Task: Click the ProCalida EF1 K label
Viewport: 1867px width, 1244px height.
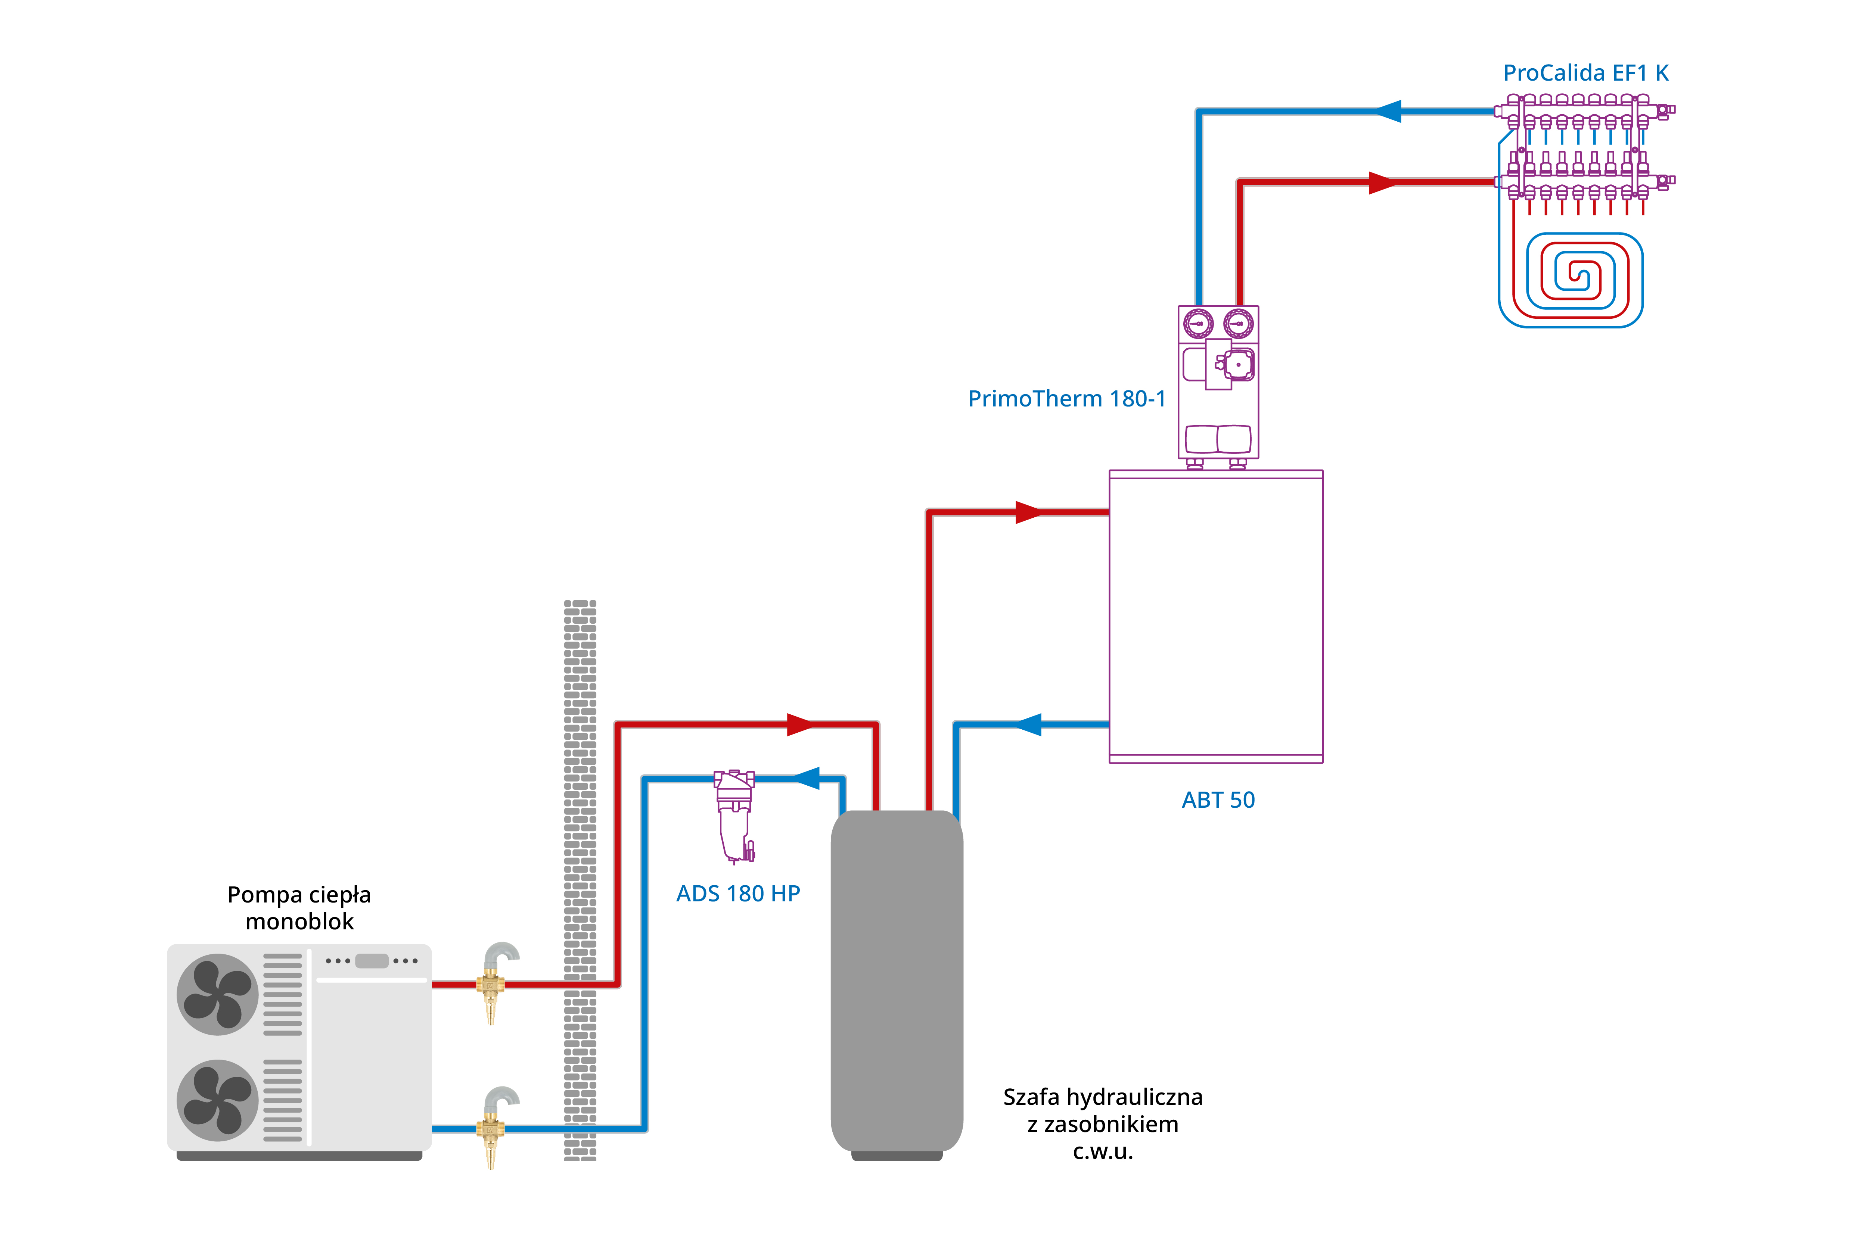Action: [x=1585, y=73]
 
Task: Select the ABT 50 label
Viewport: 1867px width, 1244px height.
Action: [x=1218, y=800]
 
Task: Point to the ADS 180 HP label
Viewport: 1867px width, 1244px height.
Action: [x=737, y=894]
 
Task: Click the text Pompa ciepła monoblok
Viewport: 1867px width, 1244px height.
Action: [x=299, y=908]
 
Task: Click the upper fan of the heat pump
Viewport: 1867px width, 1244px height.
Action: [x=217, y=994]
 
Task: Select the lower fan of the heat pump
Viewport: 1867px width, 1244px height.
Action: [x=217, y=1100]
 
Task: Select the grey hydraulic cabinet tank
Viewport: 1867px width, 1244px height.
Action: [x=896, y=980]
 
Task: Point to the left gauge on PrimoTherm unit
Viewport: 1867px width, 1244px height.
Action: [x=1198, y=324]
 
